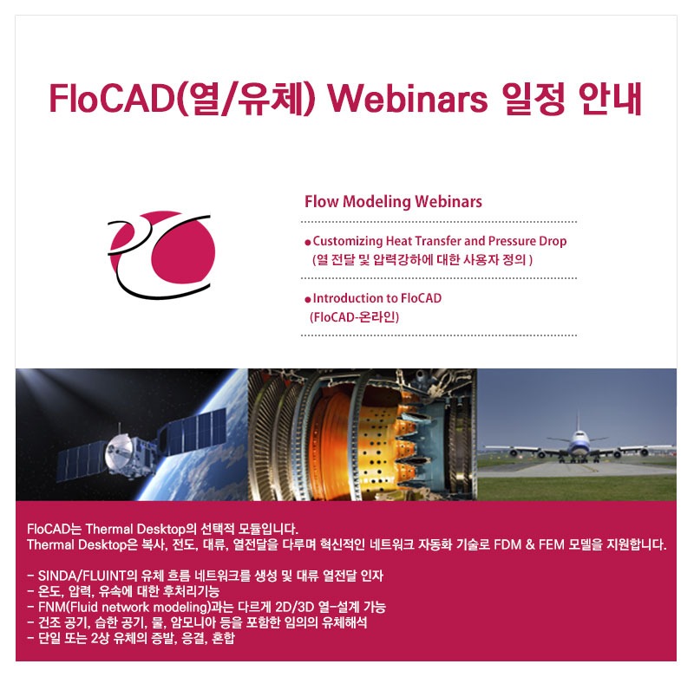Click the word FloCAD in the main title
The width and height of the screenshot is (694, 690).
point(113,100)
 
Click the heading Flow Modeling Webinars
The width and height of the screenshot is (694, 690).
point(393,202)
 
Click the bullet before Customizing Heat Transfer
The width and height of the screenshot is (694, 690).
point(308,243)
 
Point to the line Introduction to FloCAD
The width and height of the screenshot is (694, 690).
point(376,298)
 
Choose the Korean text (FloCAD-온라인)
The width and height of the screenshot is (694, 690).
point(354,316)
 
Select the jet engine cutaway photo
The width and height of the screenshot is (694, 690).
point(363,433)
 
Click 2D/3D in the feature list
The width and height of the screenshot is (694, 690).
point(296,607)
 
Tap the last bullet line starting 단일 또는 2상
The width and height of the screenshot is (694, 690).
point(130,639)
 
